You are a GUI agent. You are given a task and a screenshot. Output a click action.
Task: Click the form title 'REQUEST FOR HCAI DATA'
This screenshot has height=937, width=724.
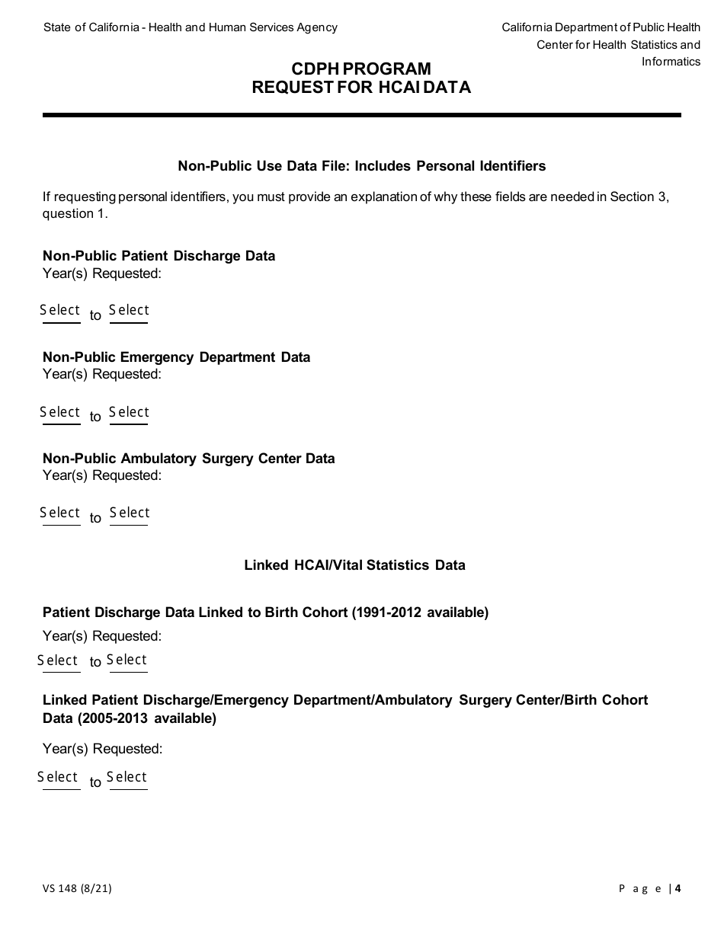point(361,88)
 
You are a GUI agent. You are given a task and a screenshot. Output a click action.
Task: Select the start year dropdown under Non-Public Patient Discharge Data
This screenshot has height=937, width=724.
point(61,311)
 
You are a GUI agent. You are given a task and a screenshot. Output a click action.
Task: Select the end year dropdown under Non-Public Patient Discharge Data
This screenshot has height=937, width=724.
point(129,311)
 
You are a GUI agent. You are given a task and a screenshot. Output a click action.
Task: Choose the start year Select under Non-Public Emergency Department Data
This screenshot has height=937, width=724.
point(61,413)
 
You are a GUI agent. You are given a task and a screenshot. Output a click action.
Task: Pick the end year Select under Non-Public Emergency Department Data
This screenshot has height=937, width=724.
point(129,413)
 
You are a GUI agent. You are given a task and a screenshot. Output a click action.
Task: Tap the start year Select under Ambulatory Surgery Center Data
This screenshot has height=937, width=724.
point(61,513)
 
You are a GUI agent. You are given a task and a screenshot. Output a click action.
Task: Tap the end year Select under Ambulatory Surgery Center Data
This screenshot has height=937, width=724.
point(129,513)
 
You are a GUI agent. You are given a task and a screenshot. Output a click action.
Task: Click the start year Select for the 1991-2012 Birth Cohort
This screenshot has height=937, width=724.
point(59,660)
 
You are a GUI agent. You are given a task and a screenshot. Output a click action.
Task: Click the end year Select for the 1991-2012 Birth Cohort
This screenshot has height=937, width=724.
point(127,660)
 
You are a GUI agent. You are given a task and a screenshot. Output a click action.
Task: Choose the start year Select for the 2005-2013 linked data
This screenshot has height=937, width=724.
point(59,778)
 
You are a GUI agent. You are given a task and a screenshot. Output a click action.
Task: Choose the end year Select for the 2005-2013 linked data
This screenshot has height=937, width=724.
point(127,778)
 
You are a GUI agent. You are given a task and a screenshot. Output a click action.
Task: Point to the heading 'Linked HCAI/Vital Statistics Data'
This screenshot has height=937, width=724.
point(354,565)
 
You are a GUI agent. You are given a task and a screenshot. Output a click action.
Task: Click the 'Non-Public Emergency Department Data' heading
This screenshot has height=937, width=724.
point(176,357)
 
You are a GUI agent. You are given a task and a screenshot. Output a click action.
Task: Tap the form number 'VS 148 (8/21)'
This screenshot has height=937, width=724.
point(77,887)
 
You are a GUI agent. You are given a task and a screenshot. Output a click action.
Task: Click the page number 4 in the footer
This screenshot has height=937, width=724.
point(678,887)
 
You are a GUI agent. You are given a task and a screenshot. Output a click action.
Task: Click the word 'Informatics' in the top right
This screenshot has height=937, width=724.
point(671,62)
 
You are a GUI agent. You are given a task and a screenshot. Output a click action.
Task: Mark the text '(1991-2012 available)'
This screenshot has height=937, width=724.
point(420,612)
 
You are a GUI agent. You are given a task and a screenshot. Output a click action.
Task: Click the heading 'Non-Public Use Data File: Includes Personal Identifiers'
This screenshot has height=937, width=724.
point(361,166)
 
